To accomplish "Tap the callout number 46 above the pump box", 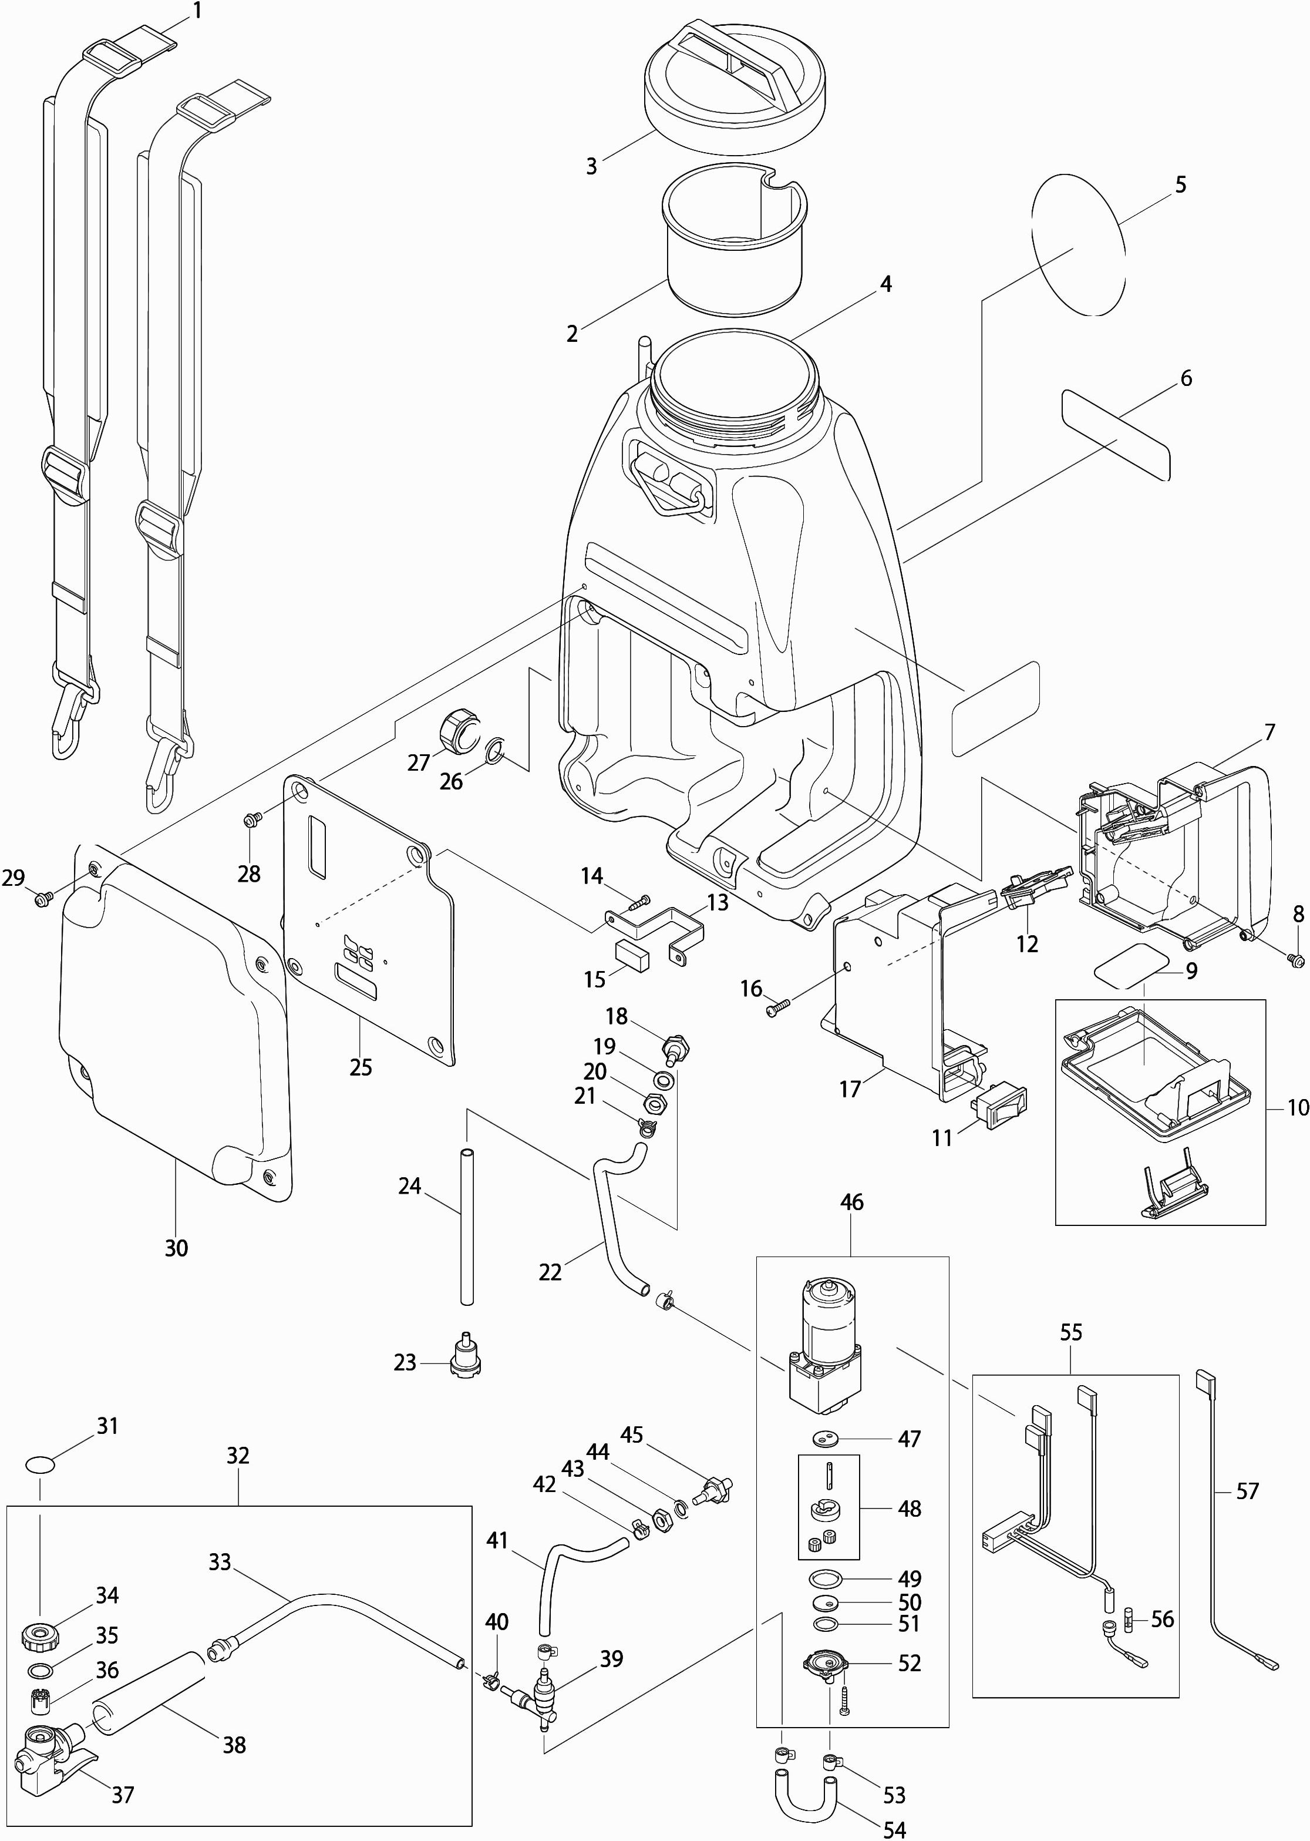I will tap(852, 1225).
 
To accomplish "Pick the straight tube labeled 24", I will tap(466, 1227).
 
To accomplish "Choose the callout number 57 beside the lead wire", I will tap(1247, 1491).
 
